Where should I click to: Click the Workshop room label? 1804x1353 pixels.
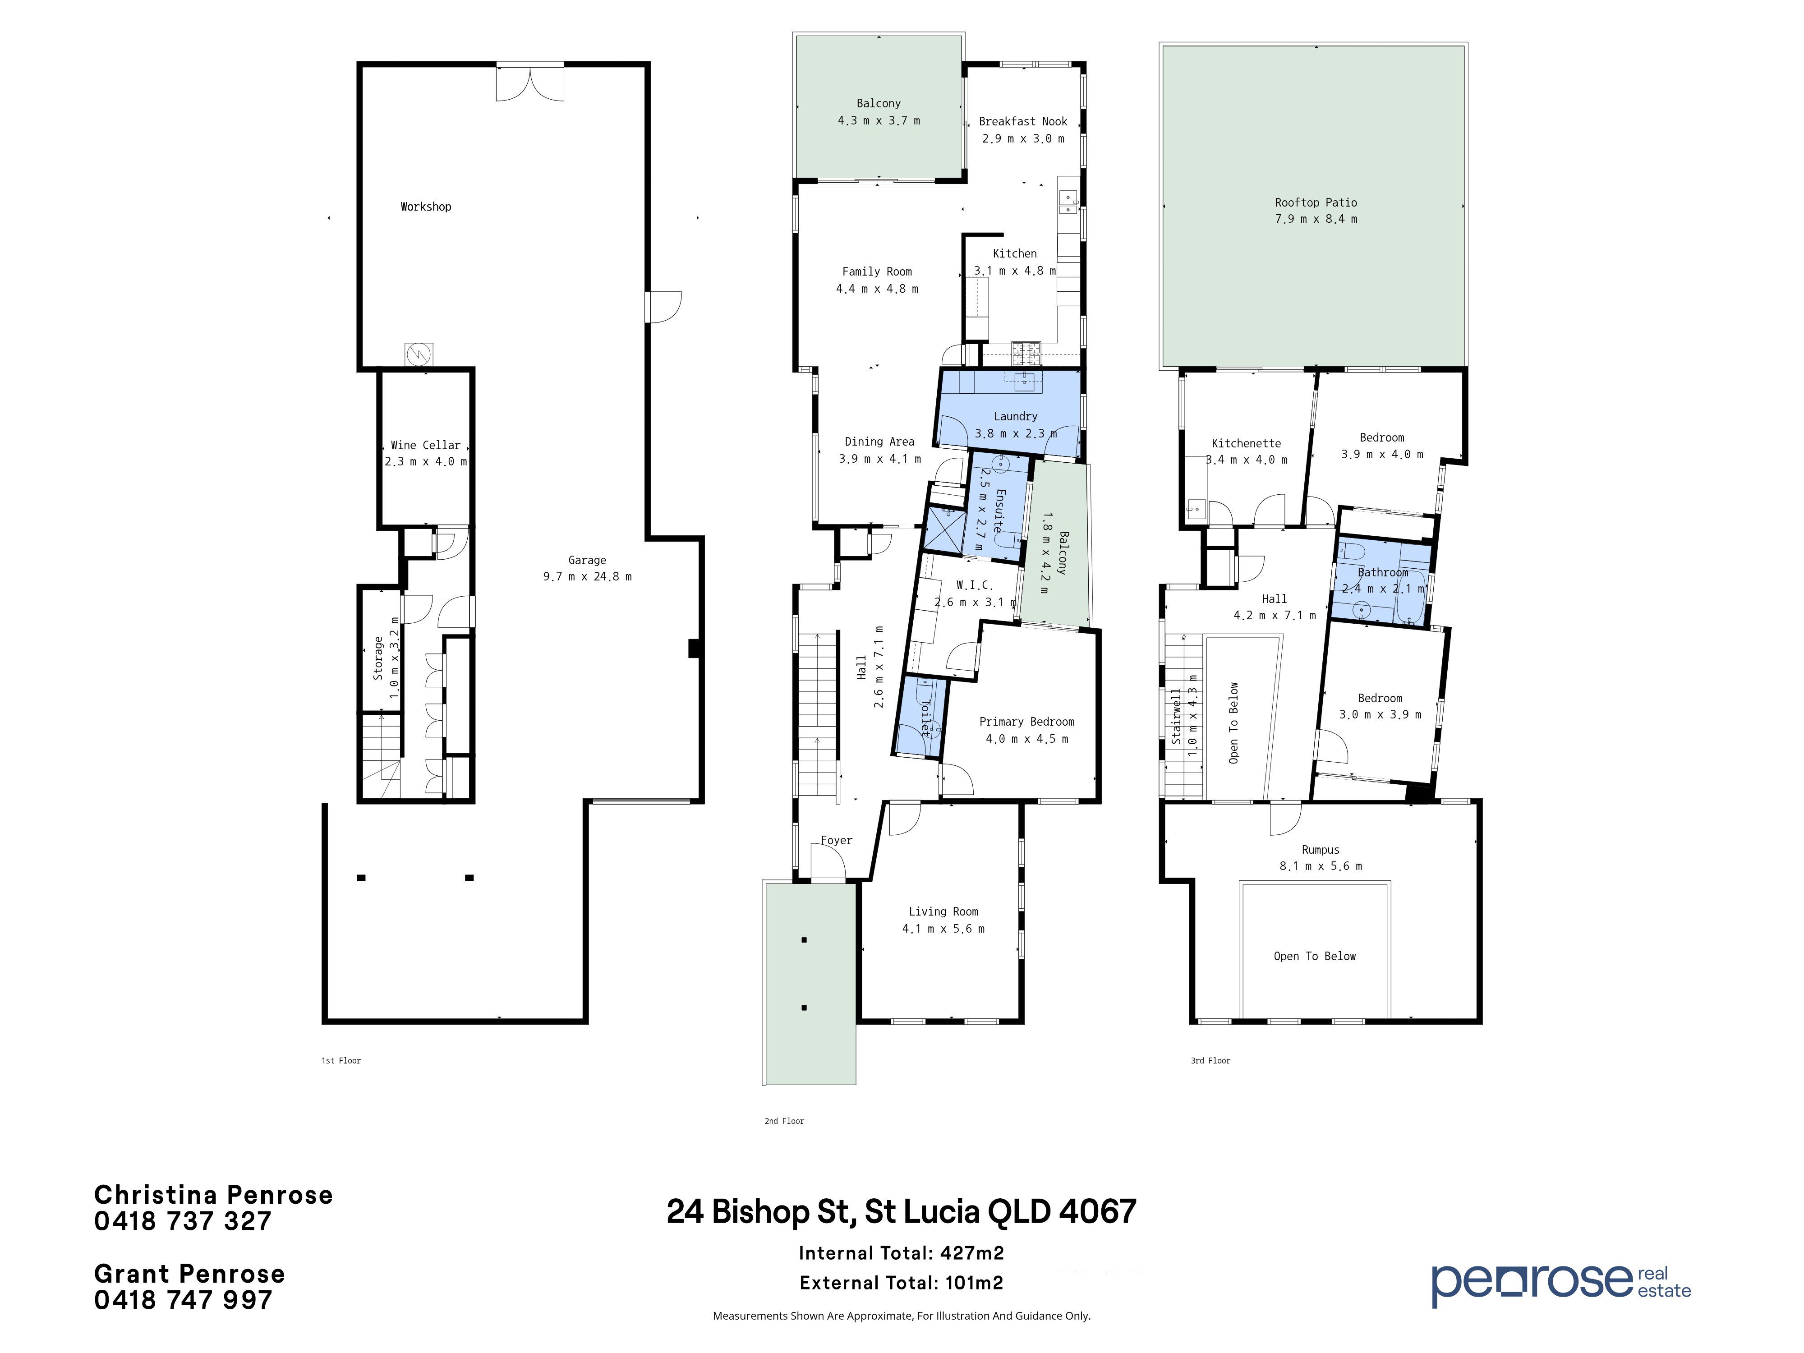click(426, 207)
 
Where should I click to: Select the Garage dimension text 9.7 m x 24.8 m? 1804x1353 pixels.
click(587, 576)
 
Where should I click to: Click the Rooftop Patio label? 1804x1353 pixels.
click(1316, 202)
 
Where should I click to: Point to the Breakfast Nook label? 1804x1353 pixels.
click(1023, 121)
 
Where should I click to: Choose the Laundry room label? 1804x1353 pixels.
click(1015, 417)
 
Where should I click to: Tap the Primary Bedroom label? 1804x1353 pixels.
click(1027, 722)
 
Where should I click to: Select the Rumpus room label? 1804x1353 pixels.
click(1321, 850)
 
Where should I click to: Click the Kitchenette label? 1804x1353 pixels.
click(1246, 444)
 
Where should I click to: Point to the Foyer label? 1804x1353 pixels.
click(836, 840)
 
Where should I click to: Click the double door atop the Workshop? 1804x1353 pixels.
click(530, 83)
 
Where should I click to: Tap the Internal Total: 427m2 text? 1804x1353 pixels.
click(901, 1253)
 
